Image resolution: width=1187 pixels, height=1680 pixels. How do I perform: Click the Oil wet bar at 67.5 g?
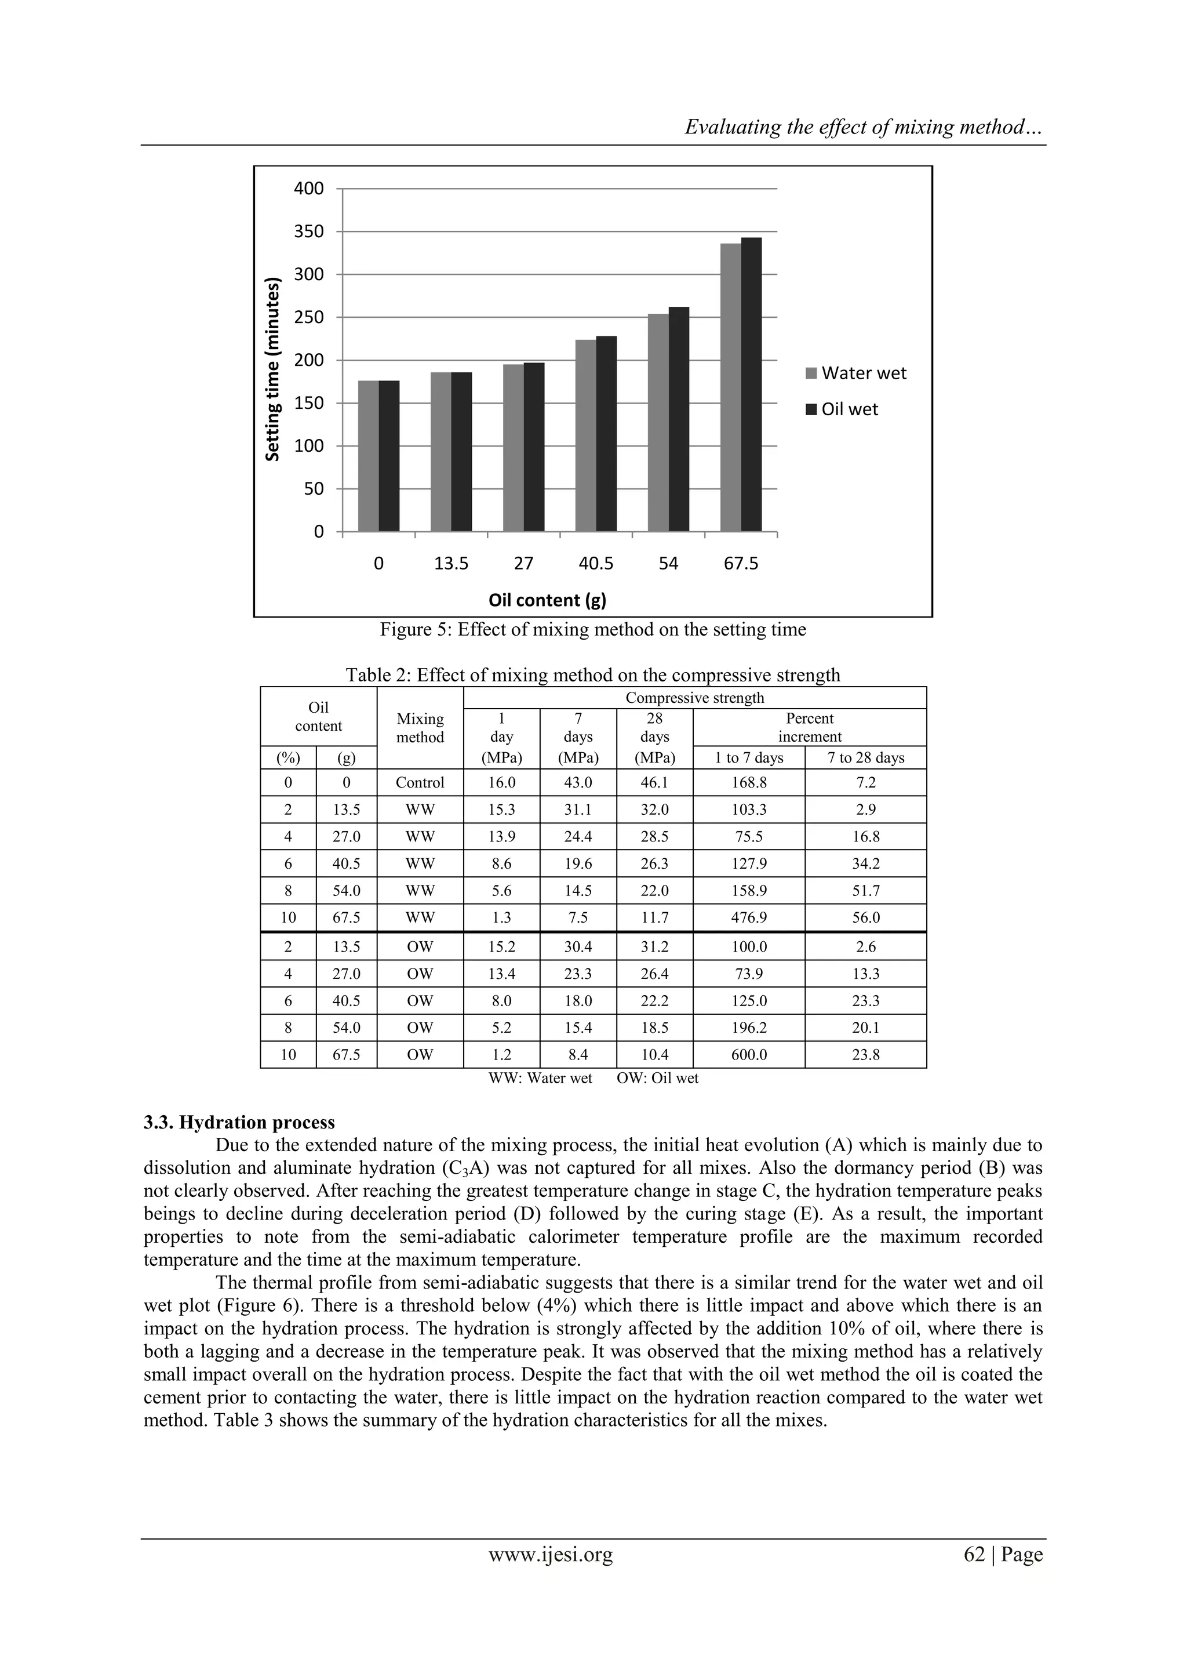tap(751, 384)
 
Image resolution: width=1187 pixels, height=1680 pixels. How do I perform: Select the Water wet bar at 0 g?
tap(368, 456)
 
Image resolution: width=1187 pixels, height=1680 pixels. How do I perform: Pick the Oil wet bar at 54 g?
tap(679, 419)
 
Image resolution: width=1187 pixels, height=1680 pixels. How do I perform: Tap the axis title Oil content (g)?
tap(547, 601)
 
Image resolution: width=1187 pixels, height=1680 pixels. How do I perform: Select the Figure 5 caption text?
tap(592, 630)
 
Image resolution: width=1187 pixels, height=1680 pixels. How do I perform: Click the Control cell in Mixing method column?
tap(420, 782)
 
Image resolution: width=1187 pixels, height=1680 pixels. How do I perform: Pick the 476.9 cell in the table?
tap(749, 917)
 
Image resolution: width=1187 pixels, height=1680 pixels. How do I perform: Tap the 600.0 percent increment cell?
tap(749, 1054)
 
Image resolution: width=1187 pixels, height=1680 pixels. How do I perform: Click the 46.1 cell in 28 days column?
tap(654, 782)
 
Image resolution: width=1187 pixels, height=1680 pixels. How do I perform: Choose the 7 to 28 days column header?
tap(865, 758)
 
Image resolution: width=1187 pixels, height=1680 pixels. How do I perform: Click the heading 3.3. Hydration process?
tap(239, 1123)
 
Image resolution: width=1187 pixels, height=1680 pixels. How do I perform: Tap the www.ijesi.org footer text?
tap(550, 1555)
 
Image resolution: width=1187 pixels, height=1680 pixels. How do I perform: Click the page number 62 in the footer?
tap(974, 1555)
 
